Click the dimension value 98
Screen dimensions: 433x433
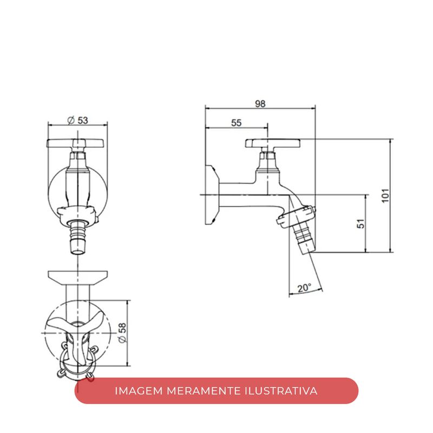260,104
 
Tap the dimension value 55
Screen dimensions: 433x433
236,123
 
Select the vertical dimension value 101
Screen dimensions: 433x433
385,195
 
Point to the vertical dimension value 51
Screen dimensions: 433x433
360,224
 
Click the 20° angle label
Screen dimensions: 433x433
304,288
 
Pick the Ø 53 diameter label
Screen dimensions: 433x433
77,120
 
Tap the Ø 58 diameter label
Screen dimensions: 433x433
122,333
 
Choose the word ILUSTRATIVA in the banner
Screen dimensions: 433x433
281,391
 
